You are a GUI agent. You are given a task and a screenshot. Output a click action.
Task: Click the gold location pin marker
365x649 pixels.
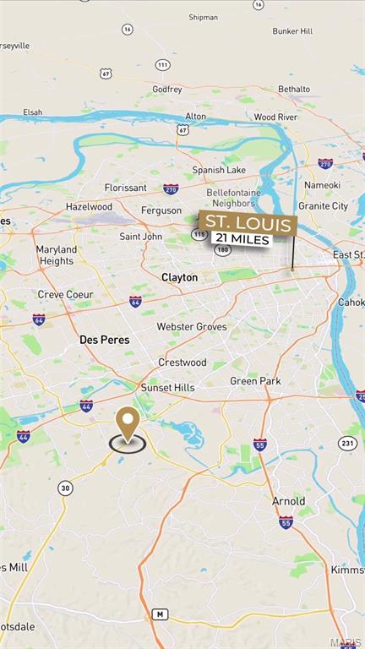[x=128, y=423]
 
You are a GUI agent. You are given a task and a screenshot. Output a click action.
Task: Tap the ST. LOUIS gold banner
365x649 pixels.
[x=248, y=224]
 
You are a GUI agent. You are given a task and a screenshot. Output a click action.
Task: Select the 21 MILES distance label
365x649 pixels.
[x=242, y=240]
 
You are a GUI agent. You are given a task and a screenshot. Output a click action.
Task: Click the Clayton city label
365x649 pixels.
[x=180, y=277]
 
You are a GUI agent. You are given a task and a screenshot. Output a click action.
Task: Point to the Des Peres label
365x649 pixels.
[x=102, y=339]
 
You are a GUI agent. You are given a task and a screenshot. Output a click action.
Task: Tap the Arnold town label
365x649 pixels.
[x=288, y=501]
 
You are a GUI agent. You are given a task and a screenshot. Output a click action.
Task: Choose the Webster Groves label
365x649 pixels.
[x=192, y=326]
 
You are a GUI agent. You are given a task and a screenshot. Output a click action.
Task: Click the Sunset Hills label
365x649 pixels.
[x=167, y=387]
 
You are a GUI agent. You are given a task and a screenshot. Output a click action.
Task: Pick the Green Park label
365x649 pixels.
[x=255, y=381]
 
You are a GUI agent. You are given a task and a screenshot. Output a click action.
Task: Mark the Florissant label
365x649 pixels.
[x=125, y=187]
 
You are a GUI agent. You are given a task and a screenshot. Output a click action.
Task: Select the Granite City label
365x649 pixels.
[x=323, y=205]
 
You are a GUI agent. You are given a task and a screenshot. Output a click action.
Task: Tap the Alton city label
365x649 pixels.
[x=195, y=116]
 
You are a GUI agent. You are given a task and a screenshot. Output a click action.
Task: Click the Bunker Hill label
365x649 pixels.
[x=292, y=31]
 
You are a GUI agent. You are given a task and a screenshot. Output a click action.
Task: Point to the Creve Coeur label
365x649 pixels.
[x=64, y=295]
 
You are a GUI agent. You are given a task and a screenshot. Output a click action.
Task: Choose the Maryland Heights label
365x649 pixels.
[x=56, y=255]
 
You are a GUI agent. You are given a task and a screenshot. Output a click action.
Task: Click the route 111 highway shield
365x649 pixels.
[x=162, y=65]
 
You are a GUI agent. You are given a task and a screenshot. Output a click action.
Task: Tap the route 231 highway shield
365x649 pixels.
[x=348, y=442]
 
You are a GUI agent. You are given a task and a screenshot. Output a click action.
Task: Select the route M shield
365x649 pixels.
[x=160, y=614]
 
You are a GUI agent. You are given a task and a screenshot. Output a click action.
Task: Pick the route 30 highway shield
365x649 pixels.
[x=65, y=488]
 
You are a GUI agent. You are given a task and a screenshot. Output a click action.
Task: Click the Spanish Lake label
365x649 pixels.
[x=218, y=170]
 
